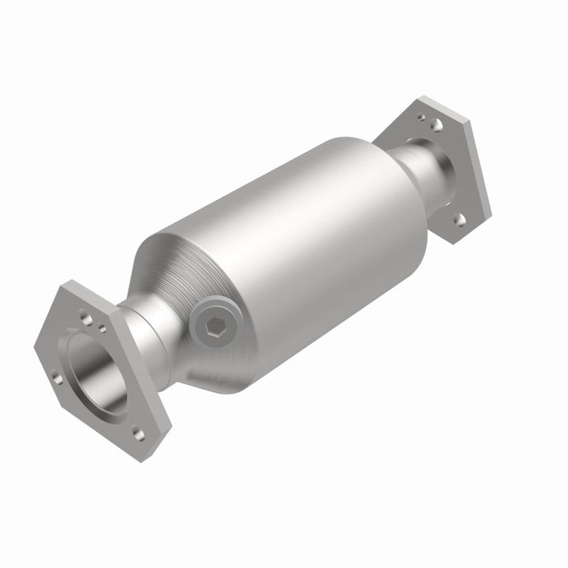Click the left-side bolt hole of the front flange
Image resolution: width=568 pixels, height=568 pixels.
point(58,377)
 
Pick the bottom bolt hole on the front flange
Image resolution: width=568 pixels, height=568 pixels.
point(138,432)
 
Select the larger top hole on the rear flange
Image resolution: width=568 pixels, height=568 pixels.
point(435,124)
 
